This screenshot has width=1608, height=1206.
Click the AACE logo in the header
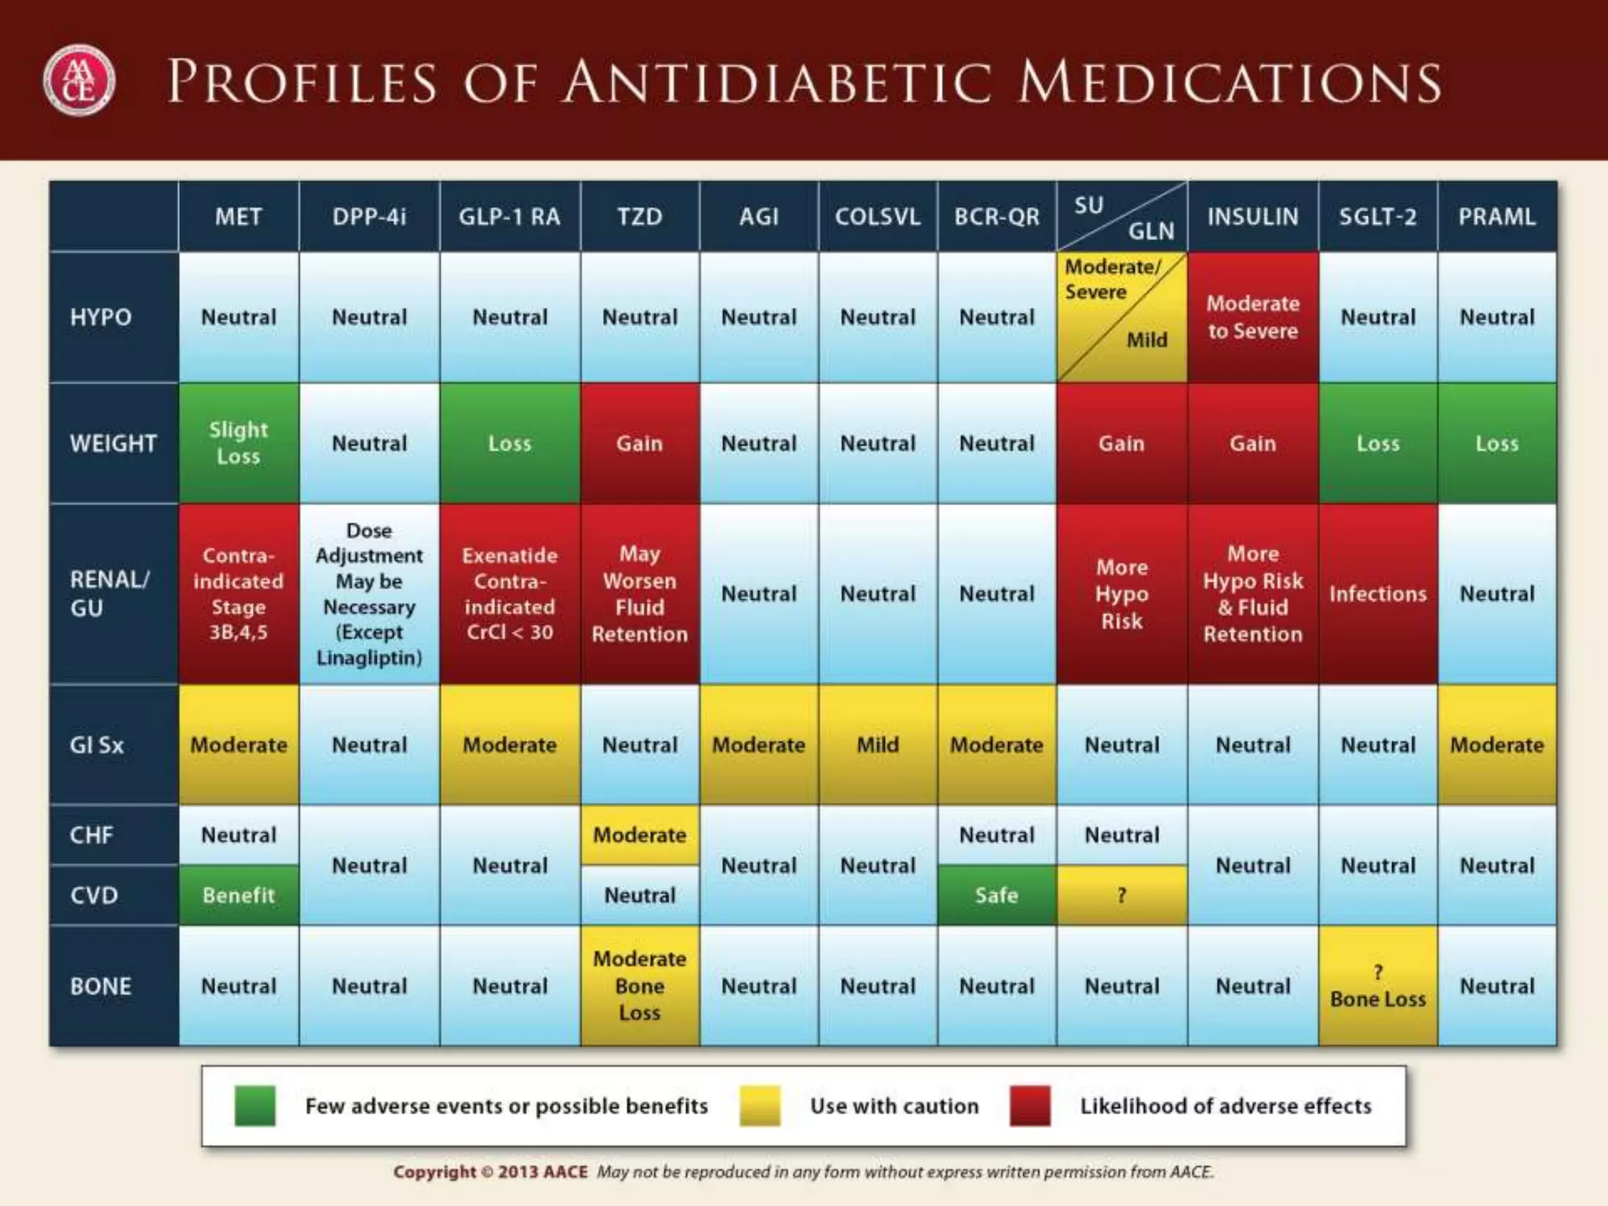tap(79, 81)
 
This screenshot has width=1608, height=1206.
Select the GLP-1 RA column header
tap(510, 217)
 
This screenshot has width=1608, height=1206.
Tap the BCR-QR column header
tap(996, 217)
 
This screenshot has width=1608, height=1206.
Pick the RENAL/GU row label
tap(110, 594)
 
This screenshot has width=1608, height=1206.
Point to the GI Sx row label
tap(97, 744)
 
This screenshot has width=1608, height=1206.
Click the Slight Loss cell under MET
tap(239, 443)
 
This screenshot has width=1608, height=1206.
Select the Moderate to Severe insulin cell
tap(1252, 317)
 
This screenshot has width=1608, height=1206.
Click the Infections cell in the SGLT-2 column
tap(1377, 594)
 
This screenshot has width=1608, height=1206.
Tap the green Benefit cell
tap(239, 895)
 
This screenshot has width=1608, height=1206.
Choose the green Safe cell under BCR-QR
tap(996, 895)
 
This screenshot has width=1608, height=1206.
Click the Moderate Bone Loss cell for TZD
tap(639, 985)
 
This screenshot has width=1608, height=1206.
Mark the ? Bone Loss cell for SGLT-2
tap(1377, 986)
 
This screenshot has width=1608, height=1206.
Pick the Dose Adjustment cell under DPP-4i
tap(369, 594)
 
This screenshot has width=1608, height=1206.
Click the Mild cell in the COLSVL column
tap(877, 744)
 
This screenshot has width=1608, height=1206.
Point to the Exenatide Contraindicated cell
tap(510, 594)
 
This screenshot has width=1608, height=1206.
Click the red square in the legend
tap(1030, 1105)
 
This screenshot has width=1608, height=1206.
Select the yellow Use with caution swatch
tap(759, 1105)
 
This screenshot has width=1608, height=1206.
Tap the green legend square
tap(255, 1105)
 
